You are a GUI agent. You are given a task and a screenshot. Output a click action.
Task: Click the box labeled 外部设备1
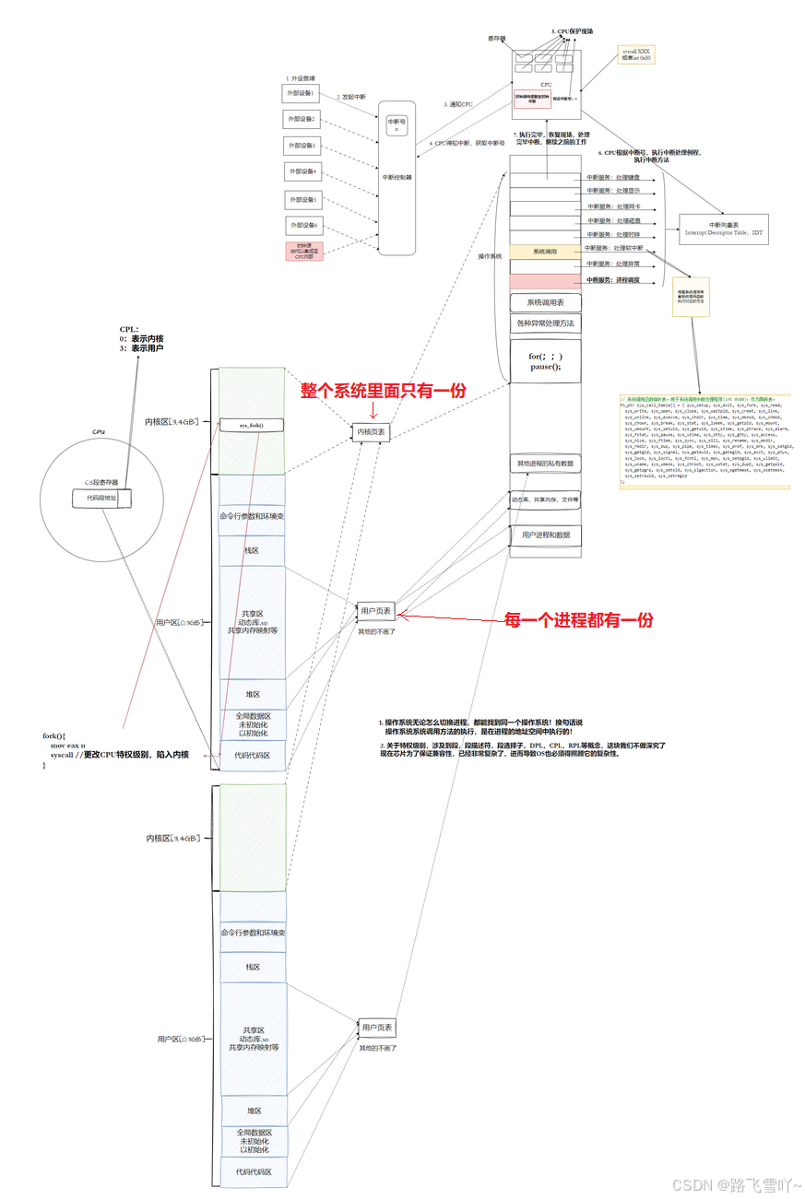pos(301,93)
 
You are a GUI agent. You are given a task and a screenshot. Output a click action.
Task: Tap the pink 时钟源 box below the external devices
pos(303,251)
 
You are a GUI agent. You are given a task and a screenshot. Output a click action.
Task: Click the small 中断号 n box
pos(397,125)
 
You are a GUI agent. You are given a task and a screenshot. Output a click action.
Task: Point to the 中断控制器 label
pos(397,177)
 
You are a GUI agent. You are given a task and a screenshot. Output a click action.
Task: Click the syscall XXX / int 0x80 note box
pos(636,53)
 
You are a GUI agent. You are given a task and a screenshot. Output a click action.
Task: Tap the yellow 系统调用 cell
pos(544,251)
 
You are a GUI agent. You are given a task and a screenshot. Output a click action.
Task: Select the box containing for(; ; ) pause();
pos(546,361)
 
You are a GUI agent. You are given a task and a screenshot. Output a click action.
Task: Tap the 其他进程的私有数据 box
pos(545,463)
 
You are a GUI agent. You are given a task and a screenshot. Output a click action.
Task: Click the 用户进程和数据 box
pos(545,535)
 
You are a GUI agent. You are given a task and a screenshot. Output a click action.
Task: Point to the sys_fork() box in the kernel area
pos(251,425)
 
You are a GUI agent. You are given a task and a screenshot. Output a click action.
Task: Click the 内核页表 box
pos(372,431)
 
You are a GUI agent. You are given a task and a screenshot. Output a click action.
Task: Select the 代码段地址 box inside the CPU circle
pos(101,499)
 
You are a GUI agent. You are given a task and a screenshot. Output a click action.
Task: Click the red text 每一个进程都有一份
pos(579,620)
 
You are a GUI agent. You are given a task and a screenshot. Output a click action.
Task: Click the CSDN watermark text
pos(735,1184)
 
